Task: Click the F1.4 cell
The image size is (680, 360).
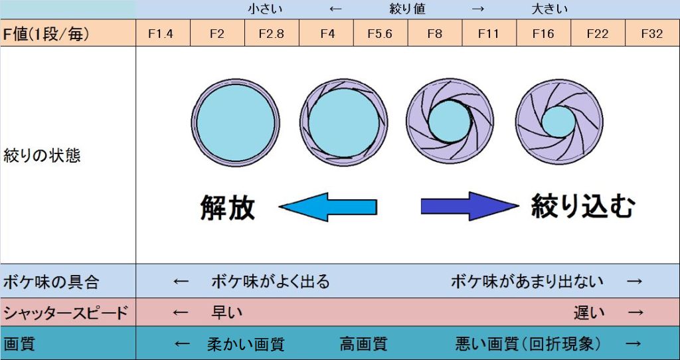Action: pyautogui.click(x=162, y=33)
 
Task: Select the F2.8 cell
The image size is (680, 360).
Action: pyautogui.click(x=271, y=33)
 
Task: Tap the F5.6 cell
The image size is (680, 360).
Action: pyautogui.click(x=380, y=33)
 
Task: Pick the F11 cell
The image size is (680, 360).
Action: pyautogui.click(x=488, y=33)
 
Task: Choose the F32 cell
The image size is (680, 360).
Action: pyautogui.click(x=652, y=33)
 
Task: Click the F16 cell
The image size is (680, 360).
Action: pyautogui.click(x=543, y=33)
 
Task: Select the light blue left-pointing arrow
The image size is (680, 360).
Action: pyautogui.click(x=328, y=207)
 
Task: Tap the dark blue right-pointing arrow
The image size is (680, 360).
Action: pyautogui.click(x=469, y=207)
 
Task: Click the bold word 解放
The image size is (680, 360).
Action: pyautogui.click(x=228, y=208)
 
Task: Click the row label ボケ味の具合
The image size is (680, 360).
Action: pyautogui.click(x=51, y=282)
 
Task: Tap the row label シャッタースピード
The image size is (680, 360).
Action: pyautogui.click(x=64, y=312)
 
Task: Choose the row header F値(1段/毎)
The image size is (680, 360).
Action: pyautogui.click(x=46, y=33)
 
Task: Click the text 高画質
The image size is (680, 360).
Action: pyautogui.click(x=363, y=344)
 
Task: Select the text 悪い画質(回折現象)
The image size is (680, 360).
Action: pyautogui.click(x=529, y=344)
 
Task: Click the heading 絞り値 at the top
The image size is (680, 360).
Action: pyautogui.click(x=407, y=9)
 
